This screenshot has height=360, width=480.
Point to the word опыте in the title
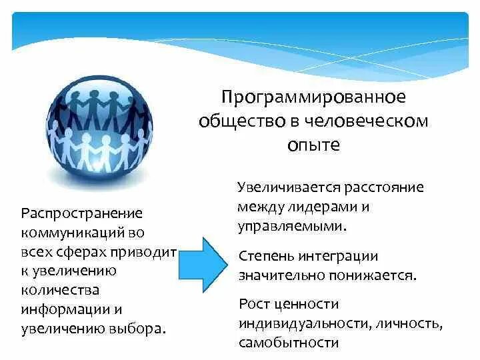313,145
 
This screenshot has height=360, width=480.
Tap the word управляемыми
291,225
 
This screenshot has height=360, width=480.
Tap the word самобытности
289,343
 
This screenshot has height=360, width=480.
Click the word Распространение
83,215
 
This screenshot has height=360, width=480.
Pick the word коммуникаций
75,234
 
